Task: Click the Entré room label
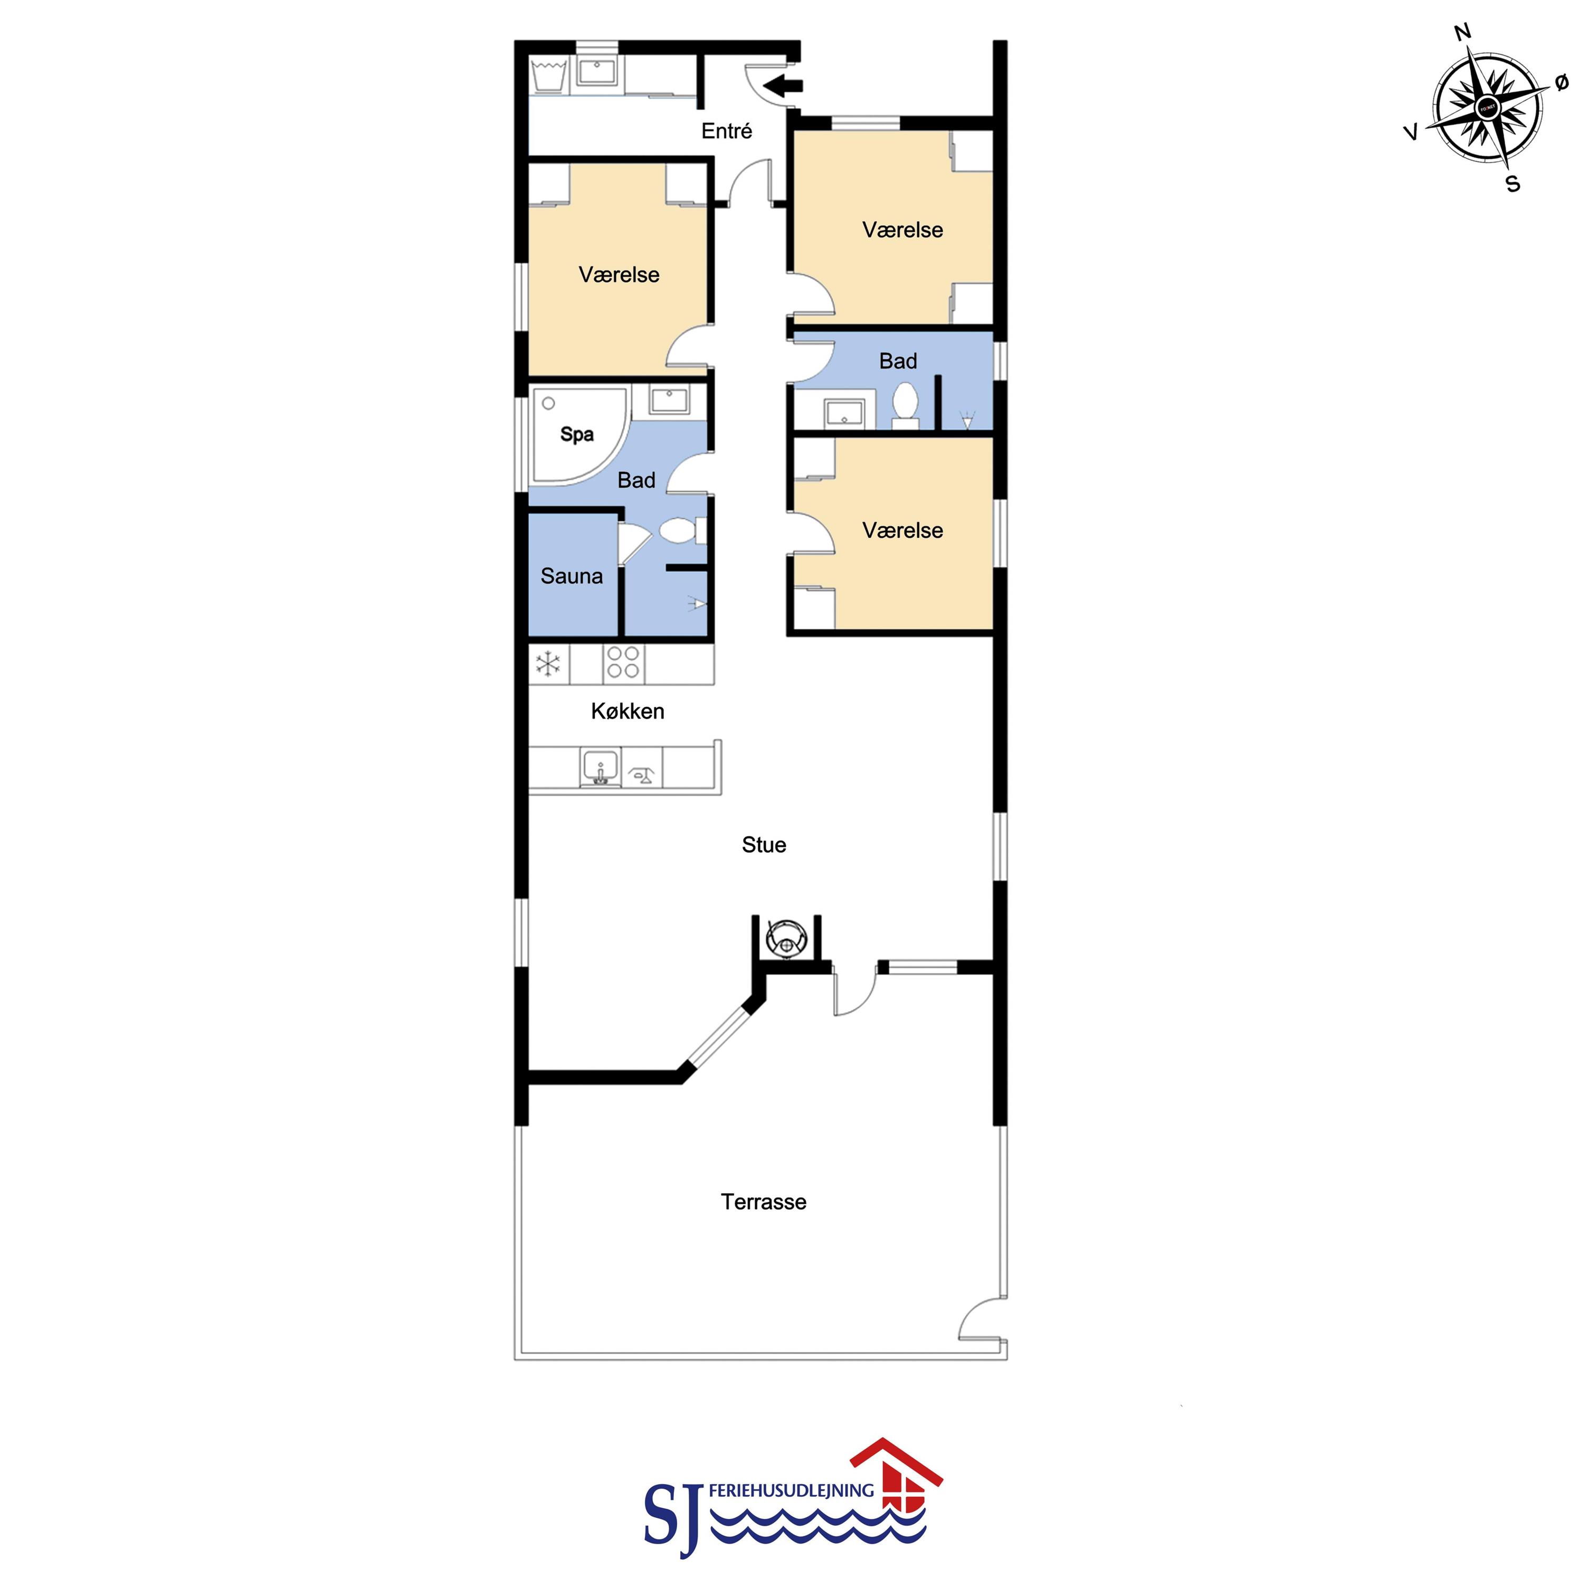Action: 727,131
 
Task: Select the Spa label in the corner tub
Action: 577,434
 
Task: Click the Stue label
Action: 764,845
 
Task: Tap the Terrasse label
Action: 764,1202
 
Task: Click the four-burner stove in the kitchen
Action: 623,662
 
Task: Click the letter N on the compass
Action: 1462,33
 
